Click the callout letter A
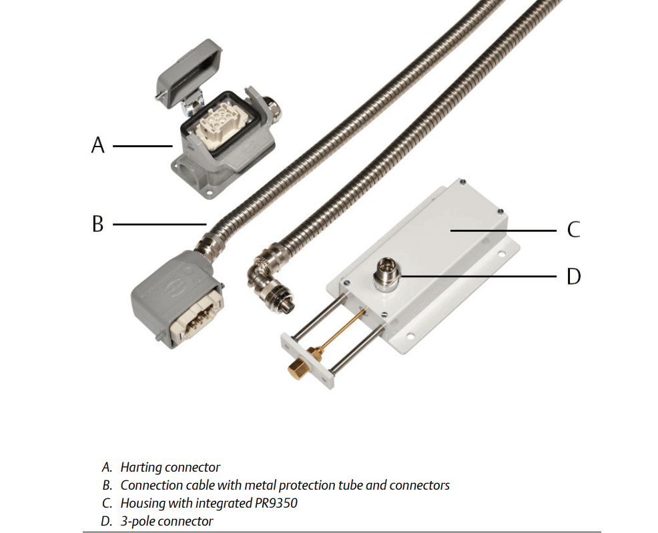coord(98,145)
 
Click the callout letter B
coord(98,225)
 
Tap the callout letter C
coord(573,230)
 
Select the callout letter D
coord(573,276)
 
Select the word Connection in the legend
coord(151,485)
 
